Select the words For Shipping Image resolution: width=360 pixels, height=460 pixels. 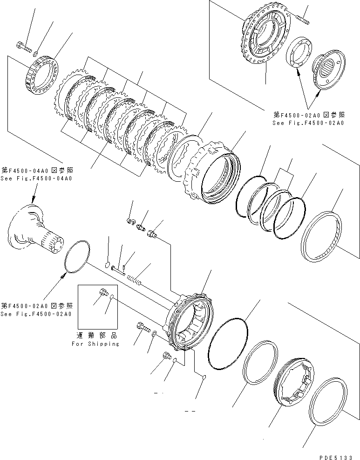click(95, 344)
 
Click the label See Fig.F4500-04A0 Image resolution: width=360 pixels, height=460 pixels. click(37, 178)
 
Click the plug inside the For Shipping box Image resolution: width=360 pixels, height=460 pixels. click(103, 293)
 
